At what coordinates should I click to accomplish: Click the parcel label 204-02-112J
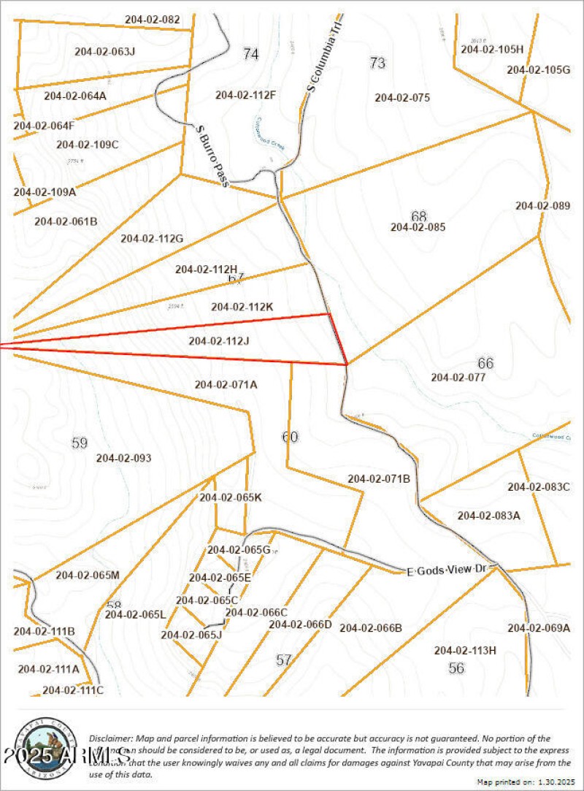click(x=219, y=341)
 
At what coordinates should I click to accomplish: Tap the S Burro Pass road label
click(x=213, y=155)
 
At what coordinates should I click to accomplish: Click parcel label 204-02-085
click(x=418, y=227)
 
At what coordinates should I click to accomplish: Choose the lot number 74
click(x=251, y=53)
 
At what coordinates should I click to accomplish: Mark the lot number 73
click(x=377, y=64)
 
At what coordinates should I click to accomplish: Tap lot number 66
click(x=485, y=363)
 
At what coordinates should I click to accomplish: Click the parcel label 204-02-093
click(x=124, y=459)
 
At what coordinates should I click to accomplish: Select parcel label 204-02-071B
click(x=379, y=479)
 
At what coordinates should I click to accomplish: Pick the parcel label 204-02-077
click(x=458, y=378)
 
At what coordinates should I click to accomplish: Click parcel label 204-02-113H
click(x=465, y=651)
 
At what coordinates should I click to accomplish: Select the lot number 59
click(x=80, y=443)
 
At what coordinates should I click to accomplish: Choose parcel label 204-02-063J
click(x=105, y=51)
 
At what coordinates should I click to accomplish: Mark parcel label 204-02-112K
click(x=242, y=307)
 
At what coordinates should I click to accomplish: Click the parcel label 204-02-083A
click(x=488, y=516)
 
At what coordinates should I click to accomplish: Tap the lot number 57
click(x=284, y=660)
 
